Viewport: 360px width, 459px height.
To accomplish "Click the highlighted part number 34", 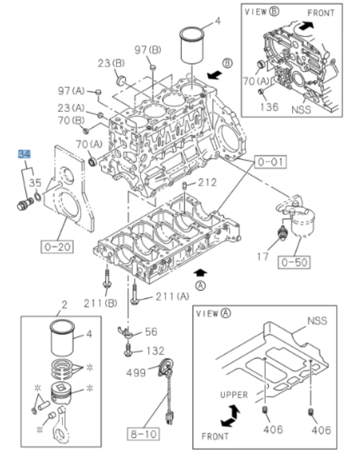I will point(24,154).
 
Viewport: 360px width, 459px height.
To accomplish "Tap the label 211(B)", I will point(99,302).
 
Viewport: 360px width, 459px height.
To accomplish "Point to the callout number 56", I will point(151,332).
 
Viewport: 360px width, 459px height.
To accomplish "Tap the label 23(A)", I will point(71,107).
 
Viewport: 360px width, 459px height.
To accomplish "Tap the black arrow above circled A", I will point(202,272).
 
